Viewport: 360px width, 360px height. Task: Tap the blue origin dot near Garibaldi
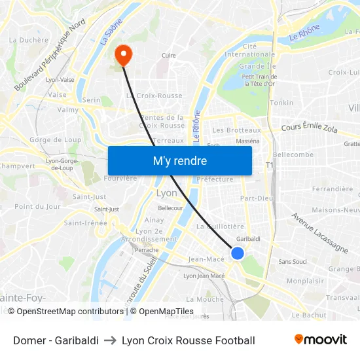(238, 253)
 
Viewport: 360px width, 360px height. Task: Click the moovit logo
(320, 340)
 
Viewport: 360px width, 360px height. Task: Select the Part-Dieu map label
(257, 198)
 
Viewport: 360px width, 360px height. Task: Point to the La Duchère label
(28, 40)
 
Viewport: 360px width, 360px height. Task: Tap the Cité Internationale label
(249, 50)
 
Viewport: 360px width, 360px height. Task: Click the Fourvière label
(120, 178)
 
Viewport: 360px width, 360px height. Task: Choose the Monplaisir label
(305, 281)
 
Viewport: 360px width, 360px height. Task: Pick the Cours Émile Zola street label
(309, 128)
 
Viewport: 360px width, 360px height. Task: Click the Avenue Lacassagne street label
(319, 232)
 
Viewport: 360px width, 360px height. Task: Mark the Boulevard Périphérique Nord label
(50, 54)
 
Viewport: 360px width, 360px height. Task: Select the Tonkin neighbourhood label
(281, 103)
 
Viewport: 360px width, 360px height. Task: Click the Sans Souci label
(293, 262)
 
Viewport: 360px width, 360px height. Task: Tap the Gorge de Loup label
(55, 139)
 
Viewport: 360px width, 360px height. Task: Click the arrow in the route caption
(110, 340)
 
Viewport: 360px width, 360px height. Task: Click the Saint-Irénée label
(86, 223)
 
